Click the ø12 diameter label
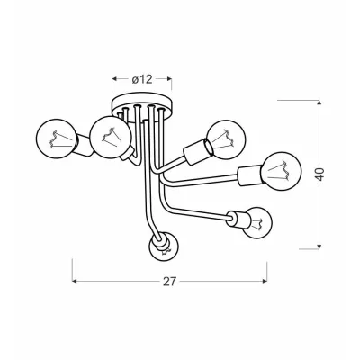pos(142,79)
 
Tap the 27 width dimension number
pos(169,282)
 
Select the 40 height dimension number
pos(320,175)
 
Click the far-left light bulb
pos(55,139)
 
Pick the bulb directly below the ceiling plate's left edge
pos(110,137)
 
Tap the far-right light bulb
pos(281,171)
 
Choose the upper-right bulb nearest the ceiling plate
pos(227,139)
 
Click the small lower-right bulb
pos(256,222)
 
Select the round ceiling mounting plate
pos(142,105)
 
